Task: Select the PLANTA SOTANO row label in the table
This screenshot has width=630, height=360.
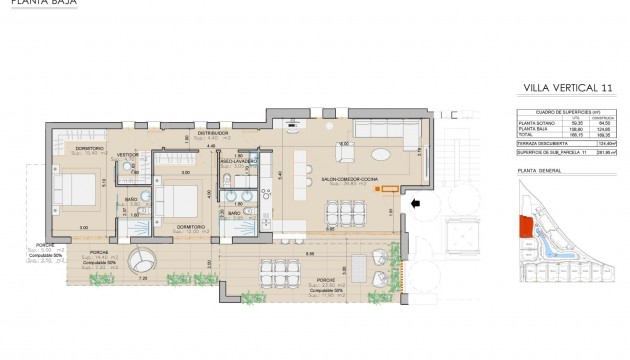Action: point(534,123)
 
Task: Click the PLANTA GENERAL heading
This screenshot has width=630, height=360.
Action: point(536,171)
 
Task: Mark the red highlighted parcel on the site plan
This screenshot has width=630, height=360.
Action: point(524,226)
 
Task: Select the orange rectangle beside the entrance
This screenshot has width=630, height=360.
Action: point(388,190)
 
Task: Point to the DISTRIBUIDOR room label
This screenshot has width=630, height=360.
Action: point(213,132)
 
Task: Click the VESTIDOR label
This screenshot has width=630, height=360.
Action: point(127,155)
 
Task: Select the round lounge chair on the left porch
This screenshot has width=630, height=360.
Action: point(139,257)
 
